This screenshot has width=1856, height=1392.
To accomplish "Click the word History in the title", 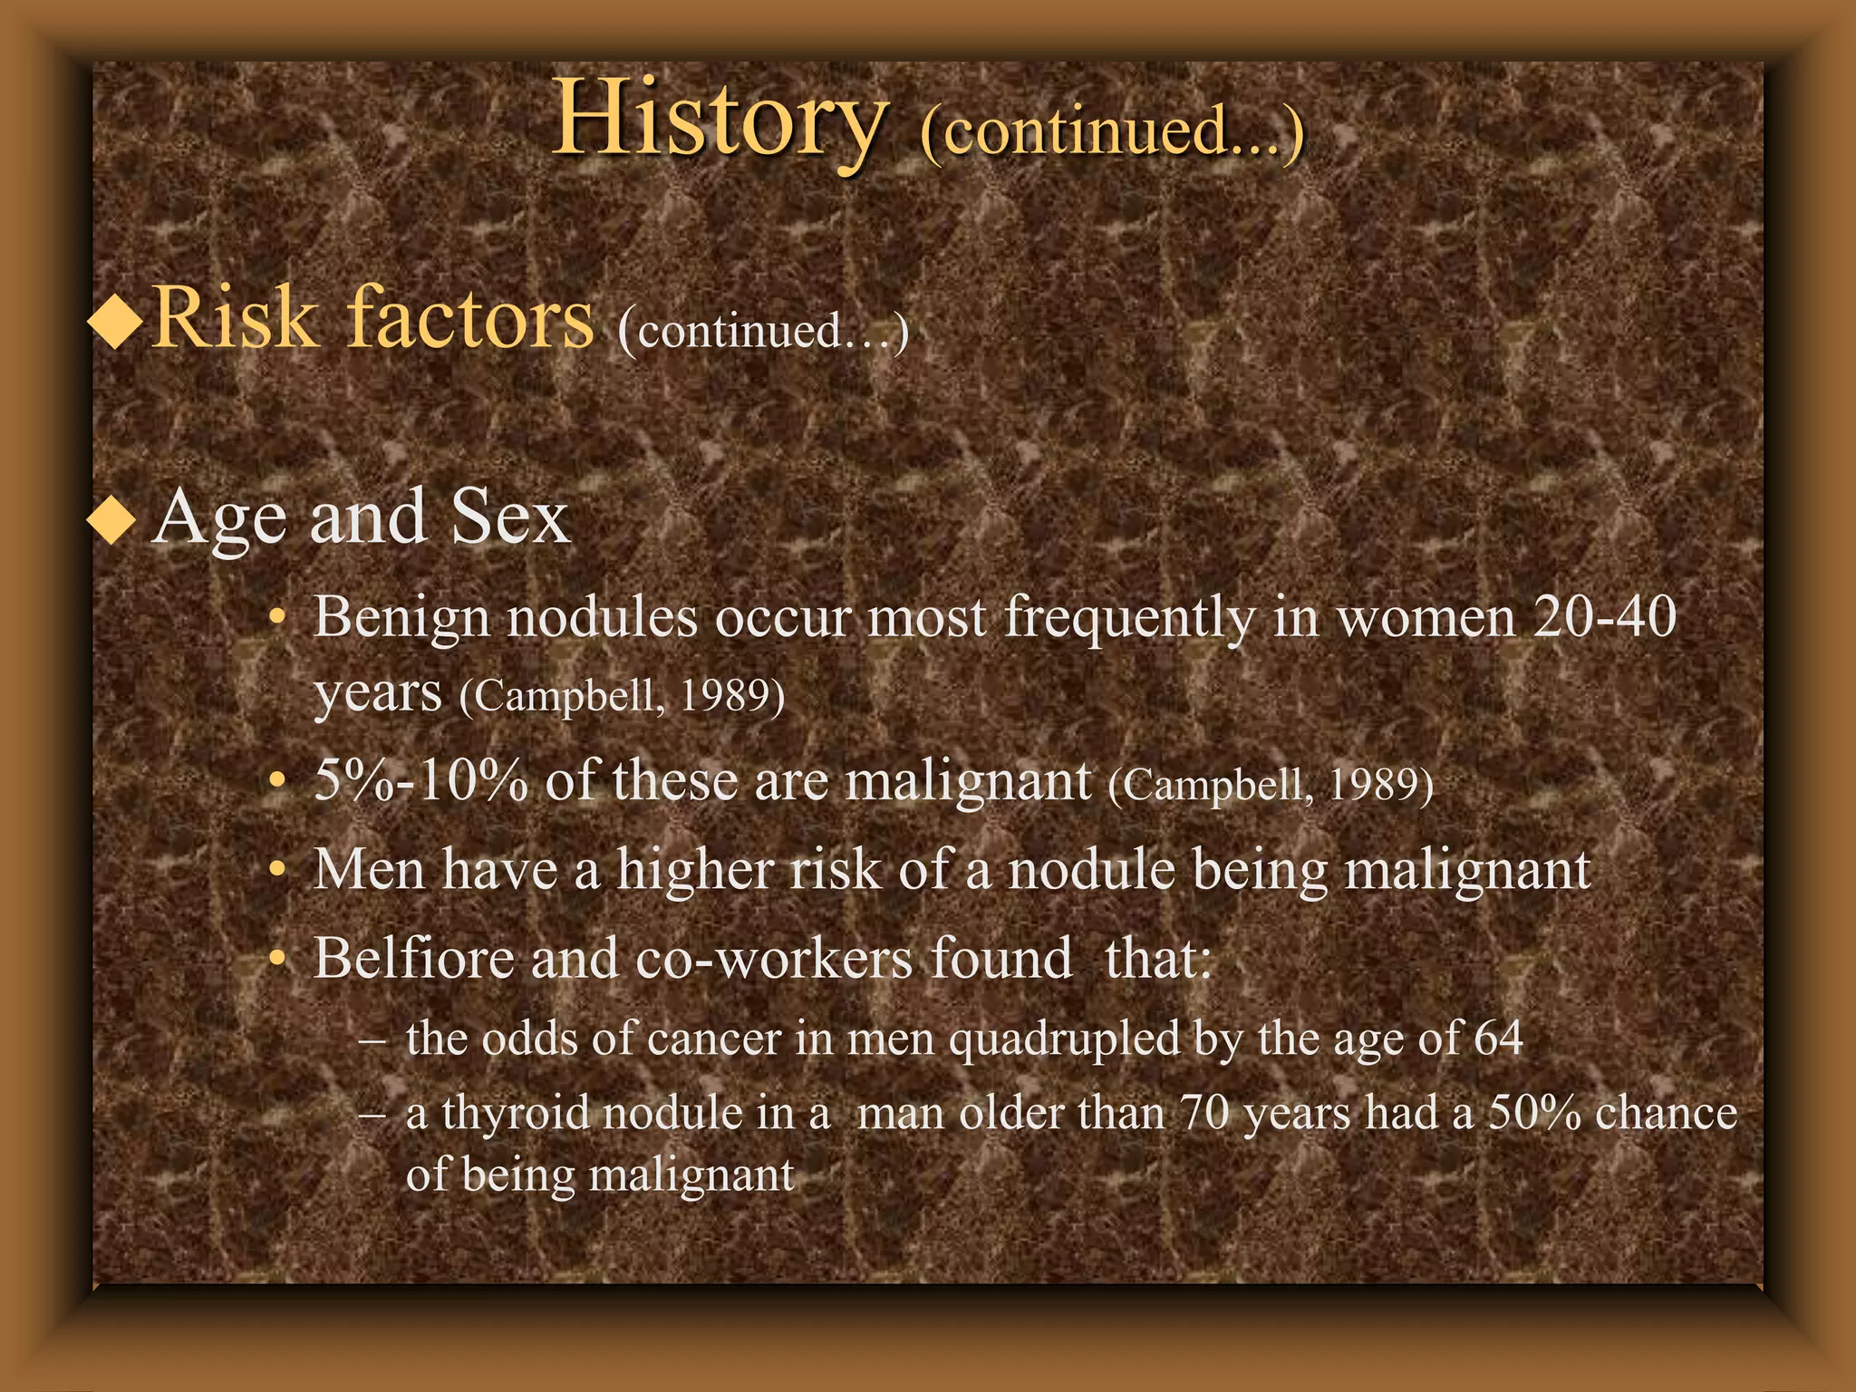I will tap(719, 121).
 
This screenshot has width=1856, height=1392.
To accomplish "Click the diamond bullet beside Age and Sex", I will tap(111, 520).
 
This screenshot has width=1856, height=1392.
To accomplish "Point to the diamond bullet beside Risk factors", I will tap(116, 322).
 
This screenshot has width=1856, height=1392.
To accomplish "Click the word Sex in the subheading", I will tap(510, 517).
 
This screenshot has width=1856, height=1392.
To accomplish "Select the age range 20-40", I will tap(1604, 618).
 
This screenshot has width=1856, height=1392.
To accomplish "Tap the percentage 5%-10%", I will tap(420, 780).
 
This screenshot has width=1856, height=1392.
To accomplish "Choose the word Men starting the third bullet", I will tap(369, 870).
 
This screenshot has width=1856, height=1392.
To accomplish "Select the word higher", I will tap(695, 870).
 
